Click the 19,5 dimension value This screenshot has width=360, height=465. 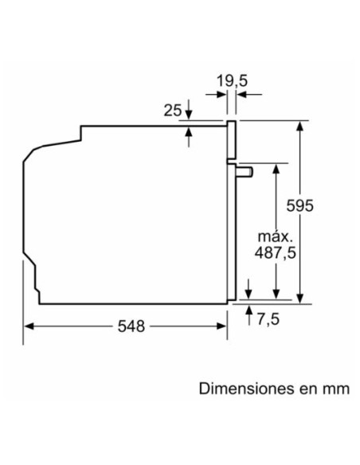[x=232, y=80]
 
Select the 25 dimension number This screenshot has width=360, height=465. [x=172, y=111]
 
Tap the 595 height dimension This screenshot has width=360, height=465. [x=299, y=205]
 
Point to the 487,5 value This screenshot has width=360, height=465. [x=276, y=252]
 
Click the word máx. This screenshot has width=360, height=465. [x=276, y=236]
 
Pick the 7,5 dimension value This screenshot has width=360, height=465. [x=268, y=319]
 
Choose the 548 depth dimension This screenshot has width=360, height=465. [x=131, y=326]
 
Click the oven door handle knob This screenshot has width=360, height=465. [x=245, y=172]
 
